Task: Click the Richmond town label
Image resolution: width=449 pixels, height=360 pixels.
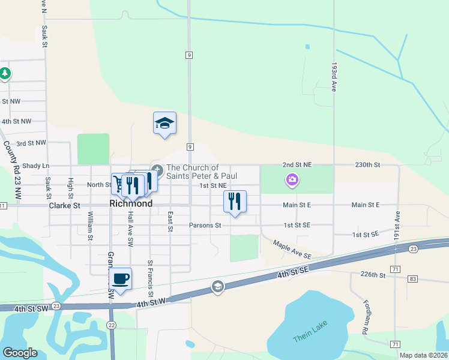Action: click(131, 203)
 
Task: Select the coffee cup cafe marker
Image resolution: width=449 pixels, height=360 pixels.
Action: click(121, 278)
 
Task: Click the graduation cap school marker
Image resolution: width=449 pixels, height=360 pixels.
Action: click(164, 123)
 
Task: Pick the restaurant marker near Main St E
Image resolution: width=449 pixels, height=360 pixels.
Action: click(235, 201)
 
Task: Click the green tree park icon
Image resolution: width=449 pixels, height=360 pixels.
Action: click(5, 74)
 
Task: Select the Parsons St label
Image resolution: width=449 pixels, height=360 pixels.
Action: click(205, 226)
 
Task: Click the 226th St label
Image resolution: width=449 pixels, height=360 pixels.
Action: click(373, 275)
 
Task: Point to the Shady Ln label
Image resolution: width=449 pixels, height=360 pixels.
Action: click(37, 166)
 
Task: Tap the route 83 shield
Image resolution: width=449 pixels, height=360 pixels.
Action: click(412, 279)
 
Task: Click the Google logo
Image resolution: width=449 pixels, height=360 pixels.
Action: click(20, 353)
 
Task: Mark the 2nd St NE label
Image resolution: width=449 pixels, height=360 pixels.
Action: click(298, 164)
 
